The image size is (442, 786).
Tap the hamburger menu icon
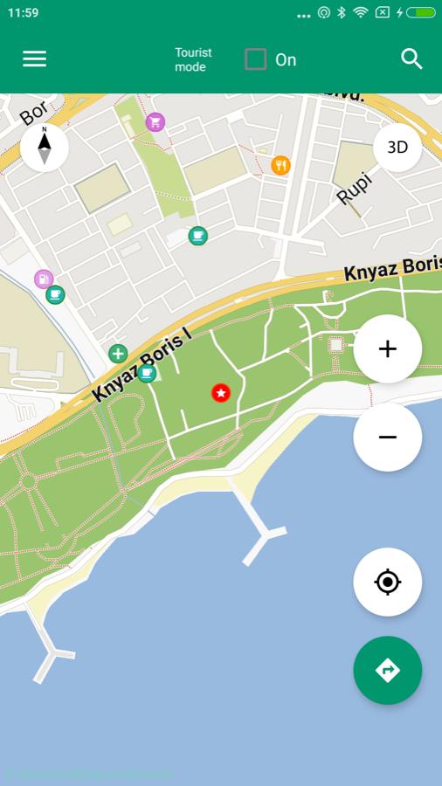(35, 59)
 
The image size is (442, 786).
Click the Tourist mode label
(193, 59)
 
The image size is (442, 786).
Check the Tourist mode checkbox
(255, 59)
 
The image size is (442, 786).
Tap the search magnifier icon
(411, 59)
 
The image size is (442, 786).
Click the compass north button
(45, 147)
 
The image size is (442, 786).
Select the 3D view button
(397, 147)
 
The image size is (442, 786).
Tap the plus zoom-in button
(388, 349)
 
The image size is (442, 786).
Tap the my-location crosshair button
(388, 582)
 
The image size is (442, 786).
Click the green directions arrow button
(388, 670)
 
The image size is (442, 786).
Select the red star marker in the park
(221, 393)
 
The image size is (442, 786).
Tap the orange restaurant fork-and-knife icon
(280, 165)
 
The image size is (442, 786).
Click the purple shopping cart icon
(155, 122)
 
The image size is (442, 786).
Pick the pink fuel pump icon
(44, 279)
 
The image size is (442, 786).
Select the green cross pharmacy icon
(118, 354)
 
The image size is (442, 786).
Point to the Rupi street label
(354, 189)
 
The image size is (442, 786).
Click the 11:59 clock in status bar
(24, 13)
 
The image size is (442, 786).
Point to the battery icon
(421, 13)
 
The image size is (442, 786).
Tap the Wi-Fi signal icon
(360, 13)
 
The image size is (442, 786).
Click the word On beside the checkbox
(286, 59)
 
